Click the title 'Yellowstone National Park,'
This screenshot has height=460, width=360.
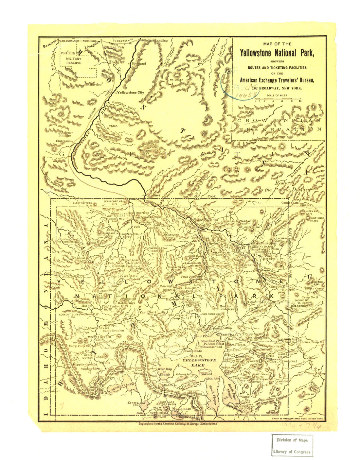[277, 53]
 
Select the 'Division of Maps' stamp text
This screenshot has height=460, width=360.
[291, 440]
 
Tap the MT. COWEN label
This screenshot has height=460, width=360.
[176, 80]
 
